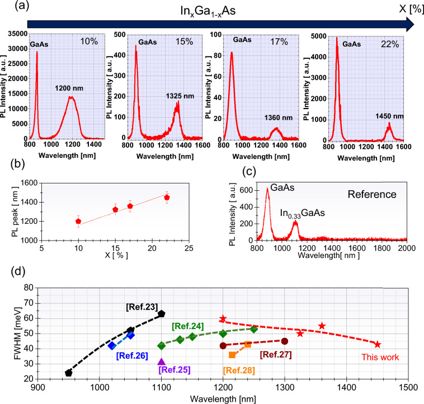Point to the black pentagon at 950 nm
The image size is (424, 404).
coord(69,373)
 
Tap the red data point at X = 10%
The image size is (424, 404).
coord(78,222)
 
